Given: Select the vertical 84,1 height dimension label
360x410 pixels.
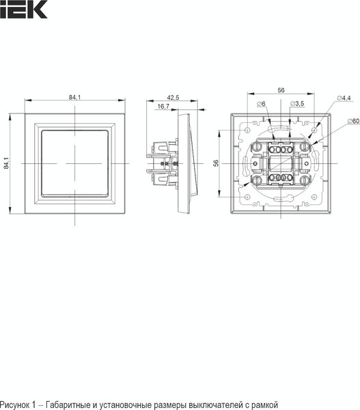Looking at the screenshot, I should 8,162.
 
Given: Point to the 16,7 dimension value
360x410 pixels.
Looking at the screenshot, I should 163,107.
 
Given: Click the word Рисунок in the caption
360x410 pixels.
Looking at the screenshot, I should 16,404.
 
